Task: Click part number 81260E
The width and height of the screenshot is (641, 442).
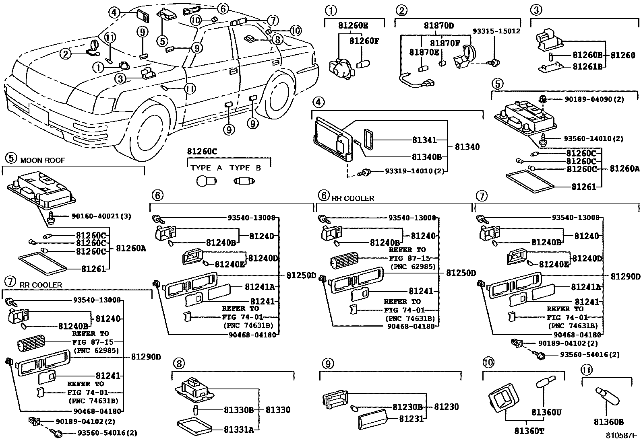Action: [x=353, y=26]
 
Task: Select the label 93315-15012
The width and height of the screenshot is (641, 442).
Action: [x=496, y=31]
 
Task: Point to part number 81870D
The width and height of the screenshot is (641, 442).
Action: [x=438, y=26]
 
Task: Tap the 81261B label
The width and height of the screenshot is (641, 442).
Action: [x=587, y=66]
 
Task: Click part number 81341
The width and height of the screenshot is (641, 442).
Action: [x=424, y=140]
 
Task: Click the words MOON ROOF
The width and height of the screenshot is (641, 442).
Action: [x=43, y=160]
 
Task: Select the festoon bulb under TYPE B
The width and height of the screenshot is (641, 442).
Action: [x=244, y=181]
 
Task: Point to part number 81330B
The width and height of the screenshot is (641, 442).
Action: [x=239, y=410]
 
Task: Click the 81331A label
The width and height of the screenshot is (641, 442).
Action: [x=239, y=430]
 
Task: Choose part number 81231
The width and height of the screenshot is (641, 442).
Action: [x=411, y=419]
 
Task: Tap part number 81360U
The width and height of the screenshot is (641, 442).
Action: [x=546, y=412]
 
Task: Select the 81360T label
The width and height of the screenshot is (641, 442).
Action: [x=529, y=431]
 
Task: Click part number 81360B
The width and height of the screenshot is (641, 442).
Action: [x=608, y=421]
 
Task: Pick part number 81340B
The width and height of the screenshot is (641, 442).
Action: [x=427, y=157]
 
